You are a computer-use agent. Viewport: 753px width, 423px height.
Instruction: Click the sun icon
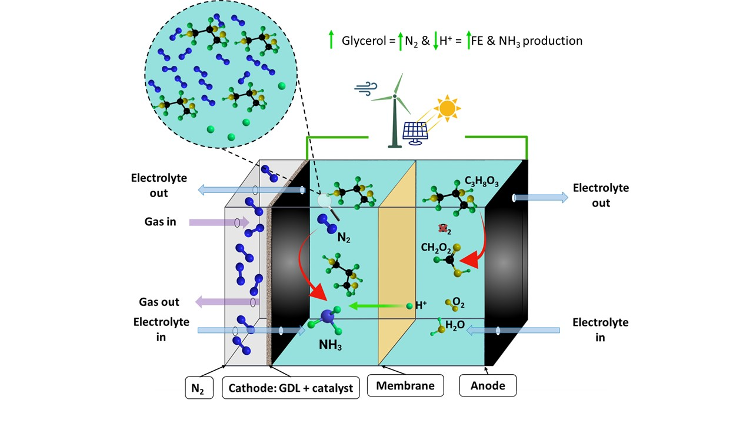pos(447,108)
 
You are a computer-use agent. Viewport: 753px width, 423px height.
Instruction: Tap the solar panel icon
pos(415,134)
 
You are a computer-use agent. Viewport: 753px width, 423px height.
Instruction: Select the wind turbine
pos(395,111)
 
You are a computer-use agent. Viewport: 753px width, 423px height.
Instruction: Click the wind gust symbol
pos(366,88)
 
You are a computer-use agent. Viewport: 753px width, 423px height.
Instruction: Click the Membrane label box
pos(405,385)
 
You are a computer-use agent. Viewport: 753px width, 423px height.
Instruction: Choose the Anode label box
pos(488,385)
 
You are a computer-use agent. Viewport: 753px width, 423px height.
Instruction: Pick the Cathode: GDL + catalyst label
pos(291,388)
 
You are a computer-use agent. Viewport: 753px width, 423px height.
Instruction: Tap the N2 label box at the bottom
pos(199,388)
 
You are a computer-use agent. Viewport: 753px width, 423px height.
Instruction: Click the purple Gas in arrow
pos(219,222)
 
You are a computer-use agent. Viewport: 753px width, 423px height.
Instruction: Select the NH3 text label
pos(330,345)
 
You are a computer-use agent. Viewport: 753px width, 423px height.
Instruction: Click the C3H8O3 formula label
pos(481,181)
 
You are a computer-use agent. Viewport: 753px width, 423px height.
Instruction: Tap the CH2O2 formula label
pos(436,248)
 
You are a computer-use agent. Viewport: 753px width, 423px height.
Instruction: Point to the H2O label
pos(455,325)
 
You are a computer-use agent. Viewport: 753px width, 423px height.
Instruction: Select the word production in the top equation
pos(552,41)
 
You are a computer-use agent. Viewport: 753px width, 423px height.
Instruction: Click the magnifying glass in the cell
pos(328,206)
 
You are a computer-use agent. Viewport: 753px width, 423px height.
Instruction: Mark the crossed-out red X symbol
pos(444,229)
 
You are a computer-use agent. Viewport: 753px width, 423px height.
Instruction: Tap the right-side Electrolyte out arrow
pos(541,198)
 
